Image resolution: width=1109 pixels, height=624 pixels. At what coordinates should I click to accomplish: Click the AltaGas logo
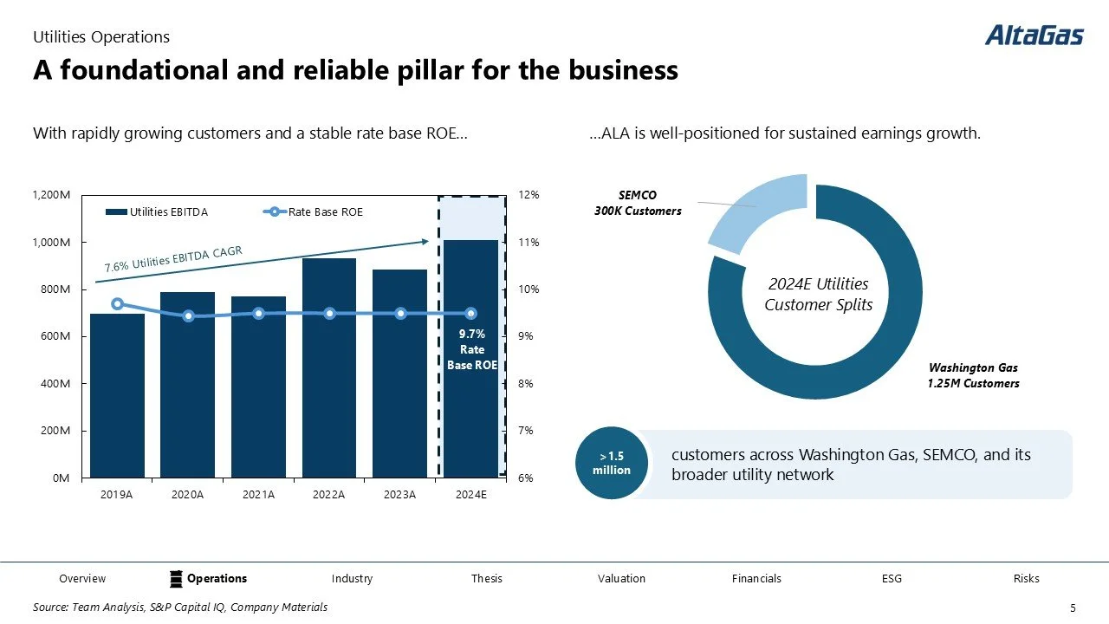coord(1034,36)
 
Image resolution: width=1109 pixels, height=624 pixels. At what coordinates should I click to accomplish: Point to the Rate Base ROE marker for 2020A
coord(188,316)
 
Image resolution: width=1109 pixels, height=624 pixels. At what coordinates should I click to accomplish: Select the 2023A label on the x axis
coord(400,495)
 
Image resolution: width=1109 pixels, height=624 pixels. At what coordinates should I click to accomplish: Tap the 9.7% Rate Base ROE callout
coord(472,349)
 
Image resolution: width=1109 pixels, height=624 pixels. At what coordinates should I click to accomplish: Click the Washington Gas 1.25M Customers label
coord(974,375)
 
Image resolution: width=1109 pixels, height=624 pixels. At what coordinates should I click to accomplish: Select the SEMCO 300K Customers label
coord(650,204)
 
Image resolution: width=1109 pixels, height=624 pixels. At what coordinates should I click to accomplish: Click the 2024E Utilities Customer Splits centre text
coord(818,295)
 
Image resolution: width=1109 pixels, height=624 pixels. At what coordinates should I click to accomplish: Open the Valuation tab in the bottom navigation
coord(621,578)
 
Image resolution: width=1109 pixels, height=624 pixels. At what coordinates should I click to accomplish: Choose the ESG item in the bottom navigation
coord(892,578)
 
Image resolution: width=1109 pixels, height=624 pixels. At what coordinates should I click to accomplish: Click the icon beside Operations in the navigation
coord(175,578)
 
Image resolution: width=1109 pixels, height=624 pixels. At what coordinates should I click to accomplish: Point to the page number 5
coord(1073,608)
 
